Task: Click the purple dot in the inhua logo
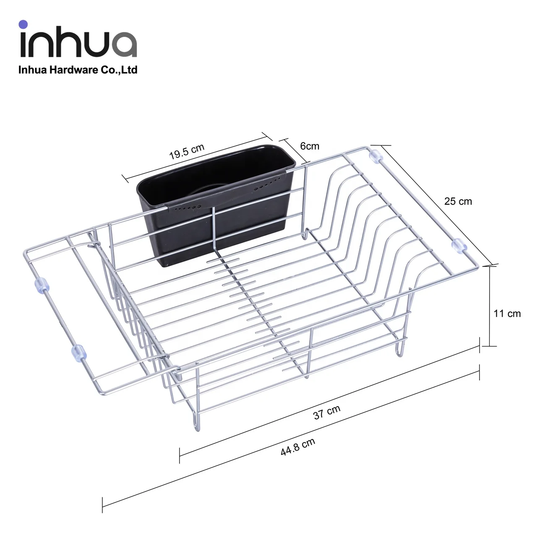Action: [x=23, y=24]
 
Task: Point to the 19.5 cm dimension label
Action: [x=187, y=151]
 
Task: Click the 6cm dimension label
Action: [x=310, y=146]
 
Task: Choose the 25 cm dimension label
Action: [x=458, y=201]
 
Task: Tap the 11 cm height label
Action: [x=507, y=313]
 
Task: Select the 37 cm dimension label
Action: [x=327, y=412]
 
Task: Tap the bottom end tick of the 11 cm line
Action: [x=490, y=346]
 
